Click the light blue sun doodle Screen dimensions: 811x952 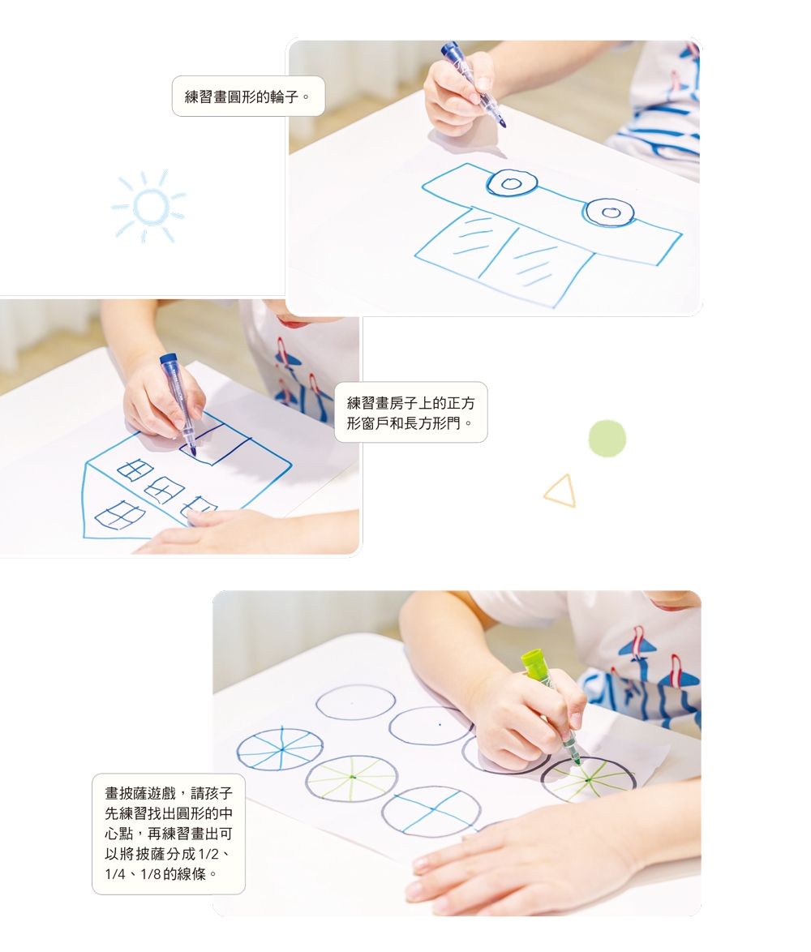[x=148, y=207]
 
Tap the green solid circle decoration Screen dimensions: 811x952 [x=607, y=439]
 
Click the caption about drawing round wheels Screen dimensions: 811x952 [x=247, y=96]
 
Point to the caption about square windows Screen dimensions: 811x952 [x=411, y=413]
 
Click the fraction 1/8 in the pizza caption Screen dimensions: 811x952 [x=151, y=874]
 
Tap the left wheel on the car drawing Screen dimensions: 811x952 [x=511, y=182]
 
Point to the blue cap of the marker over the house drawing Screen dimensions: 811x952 [x=168, y=360]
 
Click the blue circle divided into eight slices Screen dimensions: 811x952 [x=280, y=748]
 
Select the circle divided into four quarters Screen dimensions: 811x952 [x=431, y=812]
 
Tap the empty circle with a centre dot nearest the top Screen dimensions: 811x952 [x=356, y=702]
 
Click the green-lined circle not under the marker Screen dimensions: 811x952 [x=352, y=779]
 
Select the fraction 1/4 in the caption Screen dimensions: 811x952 [x=114, y=874]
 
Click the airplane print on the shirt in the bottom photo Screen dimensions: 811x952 [x=637, y=645]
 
